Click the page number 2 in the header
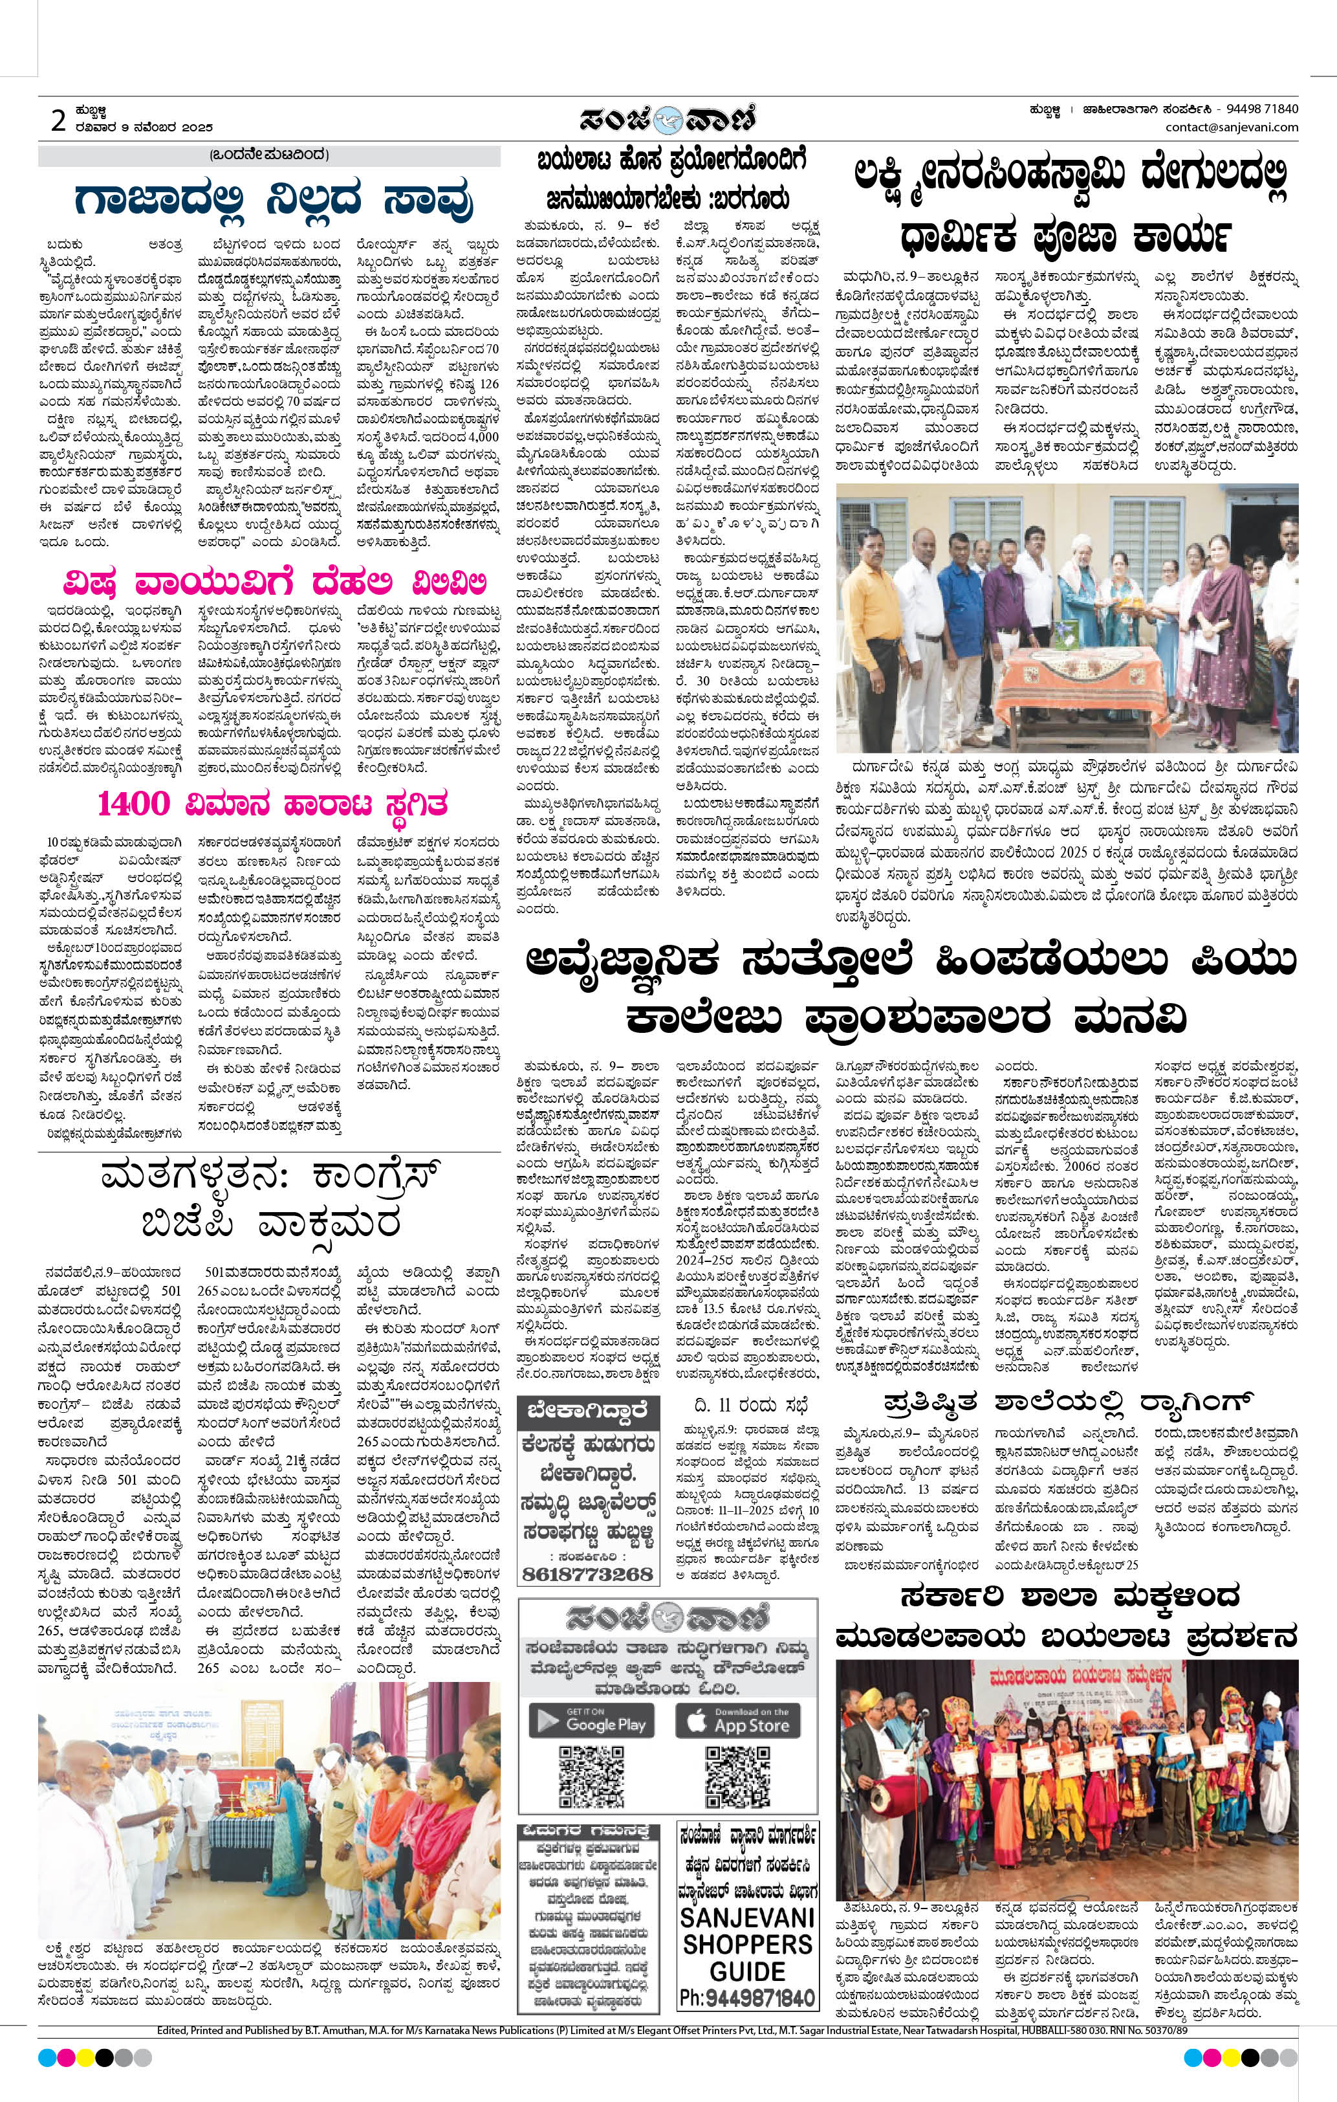pyautogui.click(x=58, y=121)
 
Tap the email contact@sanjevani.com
pyautogui.click(x=1230, y=127)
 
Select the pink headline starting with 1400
pyautogui.click(x=273, y=802)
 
